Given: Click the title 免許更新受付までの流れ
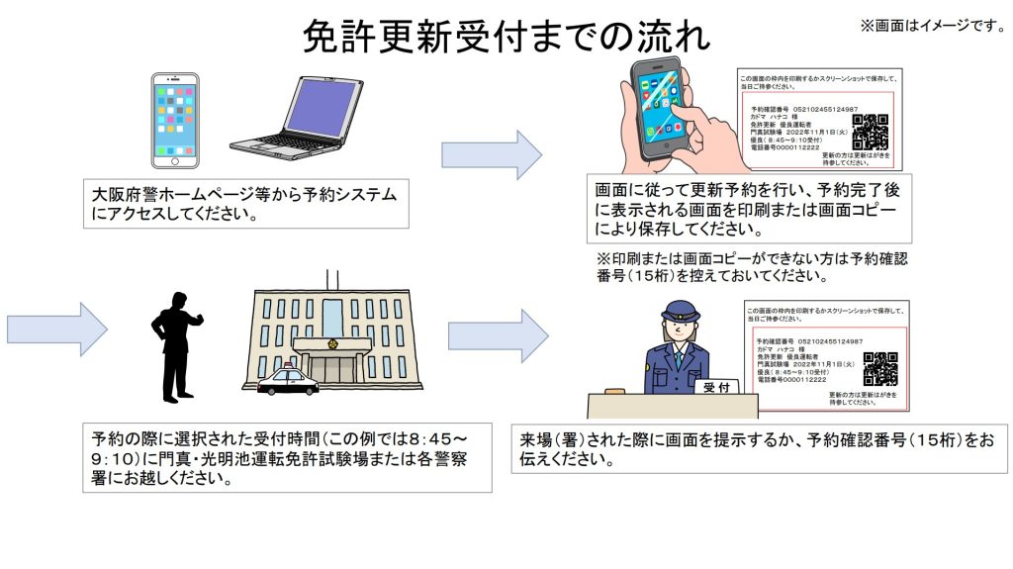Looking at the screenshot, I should tap(506, 38).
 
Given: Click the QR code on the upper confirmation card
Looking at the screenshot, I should tap(870, 132).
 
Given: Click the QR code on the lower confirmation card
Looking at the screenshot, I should tap(880, 368).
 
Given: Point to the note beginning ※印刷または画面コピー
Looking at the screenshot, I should tap(752, 267).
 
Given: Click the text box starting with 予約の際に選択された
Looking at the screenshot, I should tap(288, 459).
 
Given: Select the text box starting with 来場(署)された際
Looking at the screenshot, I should tap(759, 448).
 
